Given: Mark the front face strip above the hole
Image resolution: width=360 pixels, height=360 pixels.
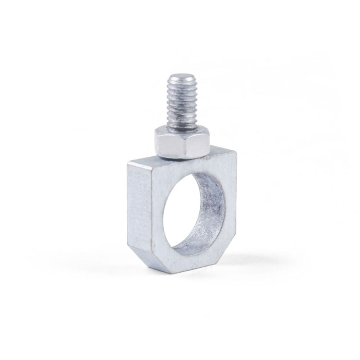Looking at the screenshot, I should (187, 168).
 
